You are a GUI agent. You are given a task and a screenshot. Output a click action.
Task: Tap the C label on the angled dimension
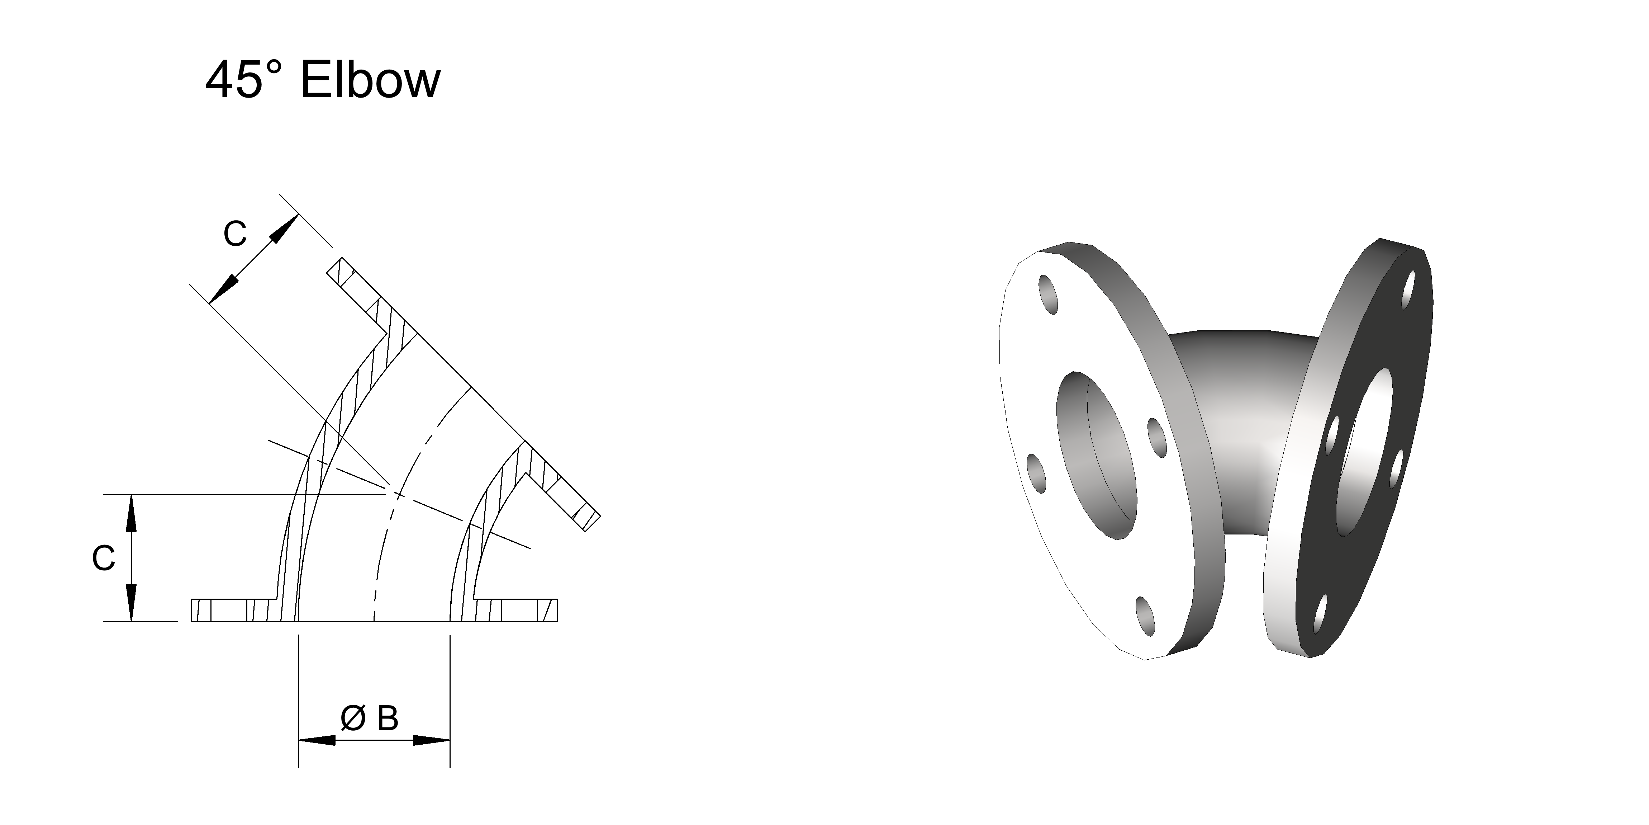[x=234, y=235]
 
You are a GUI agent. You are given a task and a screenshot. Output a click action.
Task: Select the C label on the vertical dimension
[x=103, y=558]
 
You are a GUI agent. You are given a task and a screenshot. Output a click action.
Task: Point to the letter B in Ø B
[x=387, y=719]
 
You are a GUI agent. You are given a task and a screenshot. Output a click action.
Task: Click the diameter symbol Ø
[x=353, y=719]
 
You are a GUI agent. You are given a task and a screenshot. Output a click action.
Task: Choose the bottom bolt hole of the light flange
[x=1146, y=617]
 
